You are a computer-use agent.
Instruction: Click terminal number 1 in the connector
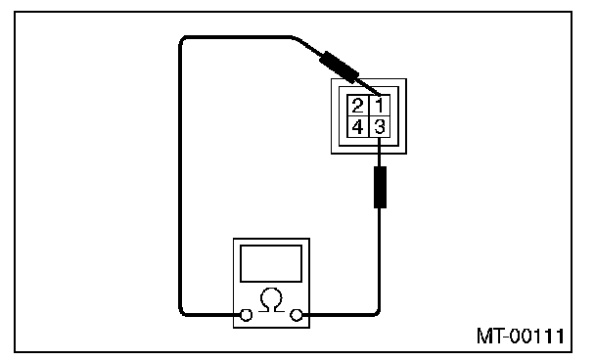click(x=380, y=105)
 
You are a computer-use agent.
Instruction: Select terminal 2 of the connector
click(x=358, y=105)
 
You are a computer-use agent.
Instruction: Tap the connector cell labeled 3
click(x=380, y=127)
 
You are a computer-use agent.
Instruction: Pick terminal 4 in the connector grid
click(x=358, y=127)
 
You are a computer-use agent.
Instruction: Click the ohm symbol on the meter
click(x=271, y=300)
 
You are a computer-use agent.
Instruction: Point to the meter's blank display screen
click(x=271, y=263)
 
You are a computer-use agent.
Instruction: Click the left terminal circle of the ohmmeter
click(x=247, y=315)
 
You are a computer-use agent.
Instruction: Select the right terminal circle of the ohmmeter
click(x=296, y=315)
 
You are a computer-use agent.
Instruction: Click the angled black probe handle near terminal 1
click(x=339, y=67)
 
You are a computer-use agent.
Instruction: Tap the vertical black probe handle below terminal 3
click(x=380, y=187)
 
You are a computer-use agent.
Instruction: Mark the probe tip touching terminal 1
click(x=380, y=95)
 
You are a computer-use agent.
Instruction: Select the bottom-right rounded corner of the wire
click(x=377, y=312)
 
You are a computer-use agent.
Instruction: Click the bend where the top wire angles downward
click(x=295, y=37)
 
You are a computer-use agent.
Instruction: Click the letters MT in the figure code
click(x=488, y=337)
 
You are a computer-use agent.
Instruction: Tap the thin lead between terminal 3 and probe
click(x=380, y=152)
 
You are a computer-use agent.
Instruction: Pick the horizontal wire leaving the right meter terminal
click(x=337, y=315)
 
